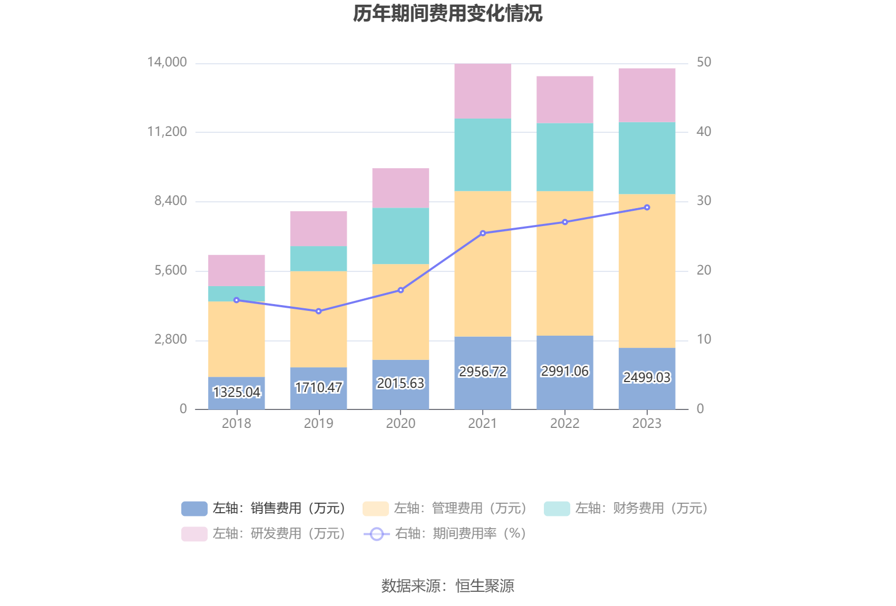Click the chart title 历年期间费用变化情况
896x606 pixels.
(x=447, y=14)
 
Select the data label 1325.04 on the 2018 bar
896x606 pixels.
(x=237, y=392)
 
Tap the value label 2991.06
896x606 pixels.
(x=564, y=371)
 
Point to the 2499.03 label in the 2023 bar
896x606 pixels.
(x=647, y=377)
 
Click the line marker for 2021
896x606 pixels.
(x=483, y=233)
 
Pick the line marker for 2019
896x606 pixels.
(x=318, y=311)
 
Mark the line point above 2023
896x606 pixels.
(x=647, y=208)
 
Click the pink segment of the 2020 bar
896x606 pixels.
(x=401, y=188)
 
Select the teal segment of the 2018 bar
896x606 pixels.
(x=237, y=294)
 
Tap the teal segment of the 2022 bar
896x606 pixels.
(x=564, y=157)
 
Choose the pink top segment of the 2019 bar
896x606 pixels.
(x=318, y=229)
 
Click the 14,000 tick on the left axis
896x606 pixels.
(x=167, y=62)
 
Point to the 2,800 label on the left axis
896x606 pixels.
(x=170, y=339)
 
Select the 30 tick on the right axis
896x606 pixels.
(x=704, y=201)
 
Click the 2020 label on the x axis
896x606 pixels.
(x=401, y=423)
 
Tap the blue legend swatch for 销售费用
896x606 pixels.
(x=194, y=509)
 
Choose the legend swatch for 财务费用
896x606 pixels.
(x=557, y=509)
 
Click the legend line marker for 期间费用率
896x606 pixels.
(x=376, y=534)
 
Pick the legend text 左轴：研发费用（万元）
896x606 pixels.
(x=279, y=534)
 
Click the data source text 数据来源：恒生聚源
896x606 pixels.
(x=447, y=585)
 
